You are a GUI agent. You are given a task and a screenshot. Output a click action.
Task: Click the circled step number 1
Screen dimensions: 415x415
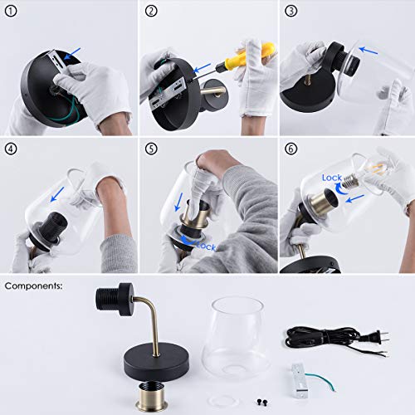[11, 12]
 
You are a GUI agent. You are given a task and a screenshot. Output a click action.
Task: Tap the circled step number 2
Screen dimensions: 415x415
[151, 12]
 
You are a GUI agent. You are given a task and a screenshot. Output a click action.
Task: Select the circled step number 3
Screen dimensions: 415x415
[291, 12]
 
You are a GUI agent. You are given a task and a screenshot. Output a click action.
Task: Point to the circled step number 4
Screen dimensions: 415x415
[11, 149]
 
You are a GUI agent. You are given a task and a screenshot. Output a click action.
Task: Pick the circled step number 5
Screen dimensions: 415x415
[151, 149]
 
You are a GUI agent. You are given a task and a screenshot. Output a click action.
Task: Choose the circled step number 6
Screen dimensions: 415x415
[291, 149]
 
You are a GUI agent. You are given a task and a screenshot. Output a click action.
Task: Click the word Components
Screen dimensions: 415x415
[33, 286]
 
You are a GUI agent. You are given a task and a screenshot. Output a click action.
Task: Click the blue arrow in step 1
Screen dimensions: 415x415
[72, 53]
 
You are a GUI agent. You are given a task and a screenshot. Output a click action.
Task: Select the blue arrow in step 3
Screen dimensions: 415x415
[368, 51]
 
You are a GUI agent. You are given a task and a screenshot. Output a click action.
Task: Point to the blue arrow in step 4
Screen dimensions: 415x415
[57, 194]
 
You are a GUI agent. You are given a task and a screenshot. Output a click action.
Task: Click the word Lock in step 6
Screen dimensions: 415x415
[332, 178]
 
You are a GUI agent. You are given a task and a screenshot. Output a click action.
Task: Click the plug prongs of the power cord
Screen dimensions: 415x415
[383, 338]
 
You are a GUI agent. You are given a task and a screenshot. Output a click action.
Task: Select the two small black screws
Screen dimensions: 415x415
[262, 402]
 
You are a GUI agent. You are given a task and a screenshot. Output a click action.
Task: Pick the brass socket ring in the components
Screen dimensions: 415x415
[151, 397]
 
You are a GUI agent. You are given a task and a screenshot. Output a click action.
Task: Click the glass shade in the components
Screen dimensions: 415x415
[235, 338]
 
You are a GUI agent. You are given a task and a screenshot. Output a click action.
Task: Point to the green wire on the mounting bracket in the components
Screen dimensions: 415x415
[321, 379]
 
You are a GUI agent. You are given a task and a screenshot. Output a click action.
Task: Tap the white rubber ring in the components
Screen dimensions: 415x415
[222, 400]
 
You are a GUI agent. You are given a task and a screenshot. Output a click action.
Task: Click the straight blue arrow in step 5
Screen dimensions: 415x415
[179, 202]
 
